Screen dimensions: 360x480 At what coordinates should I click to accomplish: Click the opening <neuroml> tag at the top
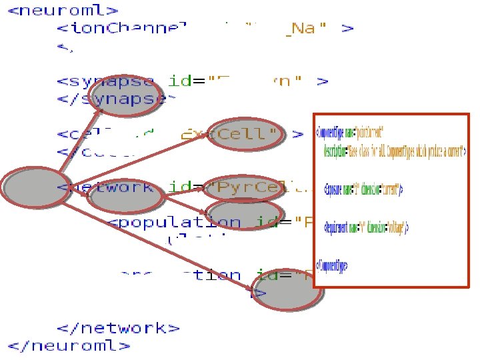tap(64, 11)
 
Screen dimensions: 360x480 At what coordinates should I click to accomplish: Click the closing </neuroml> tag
tap(69, 345)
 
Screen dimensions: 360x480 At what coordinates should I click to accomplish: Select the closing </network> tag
tap(118, 327)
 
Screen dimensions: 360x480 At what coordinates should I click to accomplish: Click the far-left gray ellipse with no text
tap(32, 187)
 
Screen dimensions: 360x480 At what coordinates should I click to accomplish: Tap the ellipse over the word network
tap(125, 195)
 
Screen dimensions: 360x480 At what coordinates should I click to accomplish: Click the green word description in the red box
tap(336, 151)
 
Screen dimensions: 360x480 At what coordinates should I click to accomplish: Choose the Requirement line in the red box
tap(367, 228)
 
